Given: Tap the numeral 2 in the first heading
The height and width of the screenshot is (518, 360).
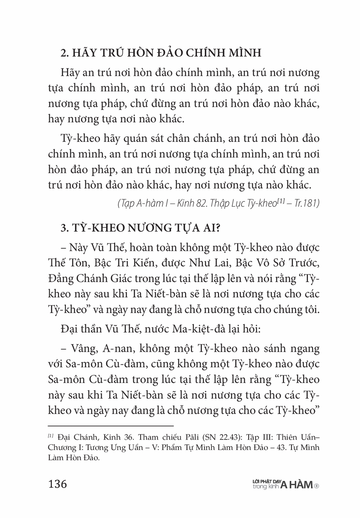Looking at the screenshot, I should tap(64, 53).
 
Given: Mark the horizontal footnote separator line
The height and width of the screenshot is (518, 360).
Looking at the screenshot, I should tap(111, 426).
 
